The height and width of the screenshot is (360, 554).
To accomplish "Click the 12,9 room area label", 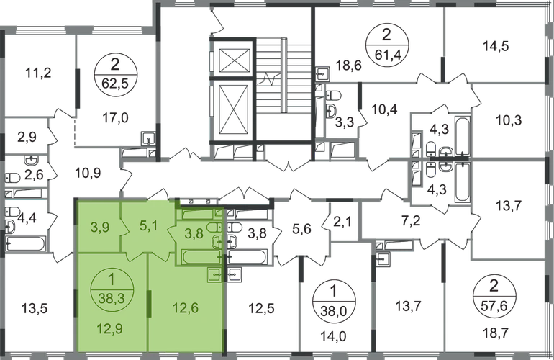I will pyautogui.click(x=108, y=330).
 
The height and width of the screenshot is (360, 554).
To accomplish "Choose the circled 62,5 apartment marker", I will pyautogui.click(x=112, y=72).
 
